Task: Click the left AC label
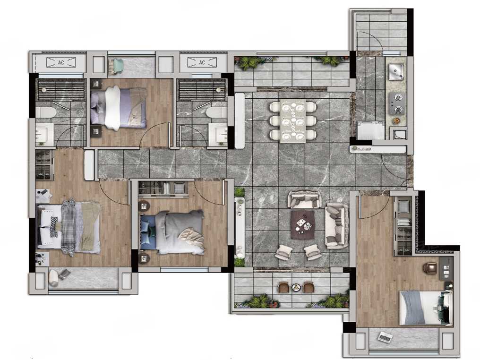coord(61,62)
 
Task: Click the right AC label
coord(202,62)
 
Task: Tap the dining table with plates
coord(292,121)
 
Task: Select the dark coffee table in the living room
coord(303,225)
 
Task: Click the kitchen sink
coord(396,72)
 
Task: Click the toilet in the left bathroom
coord(46,112)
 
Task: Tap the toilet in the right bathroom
coord(216,112)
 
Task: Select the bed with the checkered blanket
coord(69,227)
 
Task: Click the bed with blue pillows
coord(172,232)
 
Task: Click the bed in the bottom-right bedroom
coord(426,308)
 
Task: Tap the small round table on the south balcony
coord(296,287)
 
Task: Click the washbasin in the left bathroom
coord(45,134)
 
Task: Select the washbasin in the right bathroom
coord(218,134)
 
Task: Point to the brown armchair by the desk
coord(430,268)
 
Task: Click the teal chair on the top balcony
coord(116,67)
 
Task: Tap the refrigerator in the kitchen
coord(371,131)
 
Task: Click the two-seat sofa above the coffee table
coord(304,200)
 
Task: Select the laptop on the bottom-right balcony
coord(386,337)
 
